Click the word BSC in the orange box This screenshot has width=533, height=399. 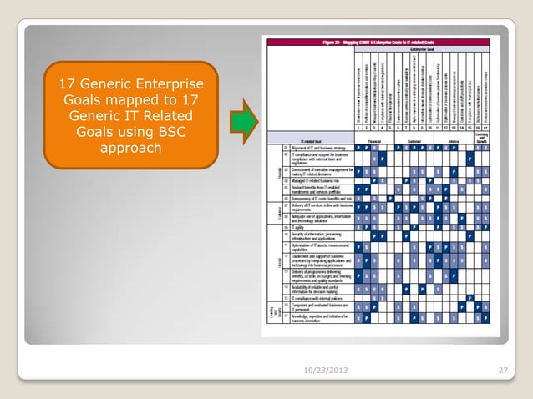pos(169,133)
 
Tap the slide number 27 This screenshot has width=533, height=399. pos(502,371)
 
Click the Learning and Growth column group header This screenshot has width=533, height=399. pos(483,138)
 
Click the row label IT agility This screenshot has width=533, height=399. pos(300,225)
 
